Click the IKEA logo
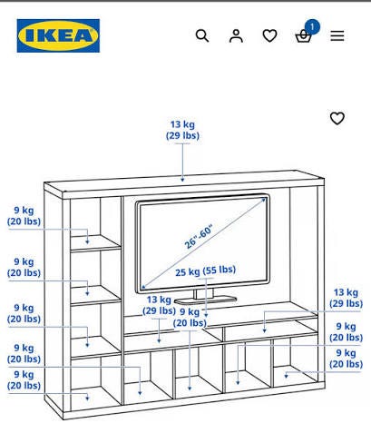(58, 35)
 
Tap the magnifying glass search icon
(202, 35)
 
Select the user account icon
(236, 35)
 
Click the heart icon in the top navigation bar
(269, 35)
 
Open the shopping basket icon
(303, 37)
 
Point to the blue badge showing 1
(312, 27)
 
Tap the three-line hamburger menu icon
(337, 35)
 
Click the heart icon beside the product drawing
(337, 118)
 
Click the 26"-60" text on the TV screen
(199, 236)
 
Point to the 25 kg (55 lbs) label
(206, 271)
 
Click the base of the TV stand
(206, 300)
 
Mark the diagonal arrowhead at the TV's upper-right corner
(264, 200)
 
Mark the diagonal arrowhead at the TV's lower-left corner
(144, 286)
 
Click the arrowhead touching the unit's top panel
(182, 180)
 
